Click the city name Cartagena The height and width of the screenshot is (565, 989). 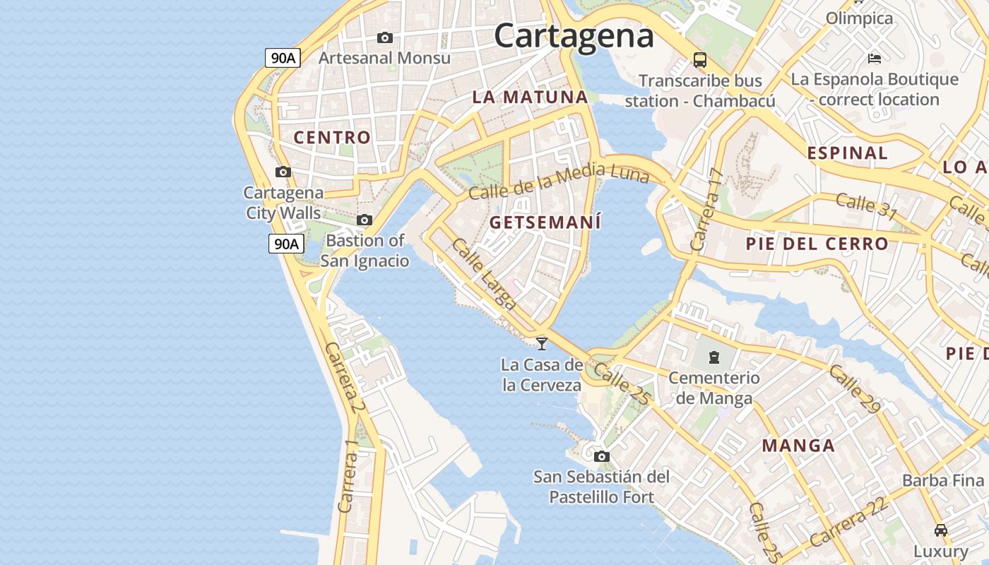pyautogui.click(x=574, y=35)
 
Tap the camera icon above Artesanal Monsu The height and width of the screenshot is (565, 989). pyautogui.click(x=385, y=37)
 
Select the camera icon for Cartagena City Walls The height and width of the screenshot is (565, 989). pyautogui.click(x=283, y=172)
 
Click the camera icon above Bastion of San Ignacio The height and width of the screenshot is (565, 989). pyautogui.click(x=365, y=220)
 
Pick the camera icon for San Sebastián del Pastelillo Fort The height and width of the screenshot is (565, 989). pyautogui.click(x=602, y=456)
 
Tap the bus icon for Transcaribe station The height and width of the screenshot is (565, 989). pyautogui.click(x=700, y=60)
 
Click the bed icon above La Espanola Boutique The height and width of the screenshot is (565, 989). pyautogui.click(x=875, y=58)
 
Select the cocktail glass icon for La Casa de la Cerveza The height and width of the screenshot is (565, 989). pyautogui.click(x=542, y=344)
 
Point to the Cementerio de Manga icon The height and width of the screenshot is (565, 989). pyautogui.click(x=714, y=357)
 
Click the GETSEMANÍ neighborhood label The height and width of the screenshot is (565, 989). pyautogui.click(x=545, y=222)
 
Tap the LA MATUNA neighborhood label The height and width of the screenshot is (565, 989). pyautogui.click(x=530, y=97)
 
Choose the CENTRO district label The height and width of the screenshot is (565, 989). pyautogui.click(x=332, y=138)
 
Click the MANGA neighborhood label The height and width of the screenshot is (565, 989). pyautogui.click(x=798, y=446)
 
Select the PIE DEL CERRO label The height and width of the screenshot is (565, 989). pyautogui.click(x=817, y=244)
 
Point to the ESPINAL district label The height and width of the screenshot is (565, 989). pyautogui.click(x=847, y=153)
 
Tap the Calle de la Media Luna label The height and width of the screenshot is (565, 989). pyautogui.click(x=558, y=181)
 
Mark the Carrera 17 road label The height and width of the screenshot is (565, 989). pyautogui.click(x=707, y=210)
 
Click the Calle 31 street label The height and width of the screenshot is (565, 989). pyautogui.click(x=866, y=206)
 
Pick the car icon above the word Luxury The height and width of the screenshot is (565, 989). pyautogui.click(x=941, y=530)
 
